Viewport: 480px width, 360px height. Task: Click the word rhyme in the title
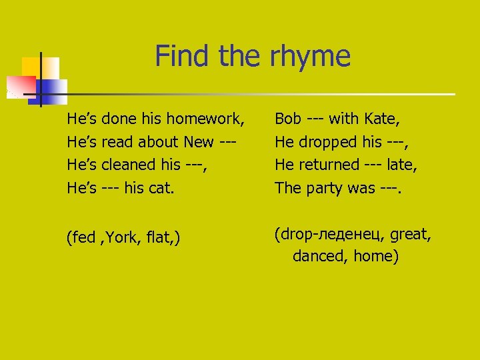point(310,56)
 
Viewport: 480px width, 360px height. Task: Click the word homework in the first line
point(206,119)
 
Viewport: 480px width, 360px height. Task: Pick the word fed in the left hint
point(84,238)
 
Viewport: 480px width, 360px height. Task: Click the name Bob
point(288,119)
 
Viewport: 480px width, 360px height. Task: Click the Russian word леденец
point(349,234)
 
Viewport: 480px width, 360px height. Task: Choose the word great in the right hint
point(411,234)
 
